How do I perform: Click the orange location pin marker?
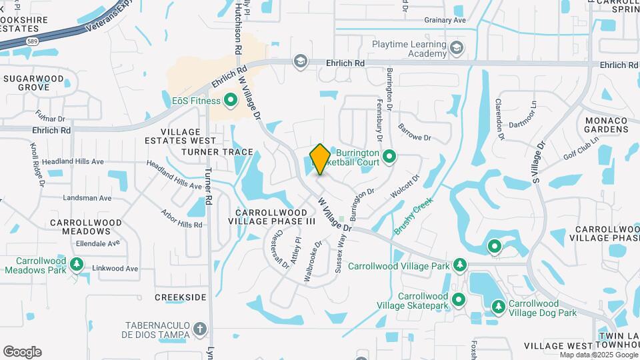(x=320, y=159)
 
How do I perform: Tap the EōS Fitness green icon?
(x=231, y=101)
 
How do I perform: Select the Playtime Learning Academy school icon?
(x=456, y=47)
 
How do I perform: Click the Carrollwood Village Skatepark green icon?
(x=458, y=300)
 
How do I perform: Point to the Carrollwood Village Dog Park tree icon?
(x=497, y=307)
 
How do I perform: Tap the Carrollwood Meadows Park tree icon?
(x=77, y=265)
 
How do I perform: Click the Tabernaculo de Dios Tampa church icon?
(x=201, y=329)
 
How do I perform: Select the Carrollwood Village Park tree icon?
(x=459, y=265)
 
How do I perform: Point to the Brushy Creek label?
(x=414, y=215)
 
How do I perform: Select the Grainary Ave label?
(x=445, y=20)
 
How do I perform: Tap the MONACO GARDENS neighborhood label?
(x=606, y=125)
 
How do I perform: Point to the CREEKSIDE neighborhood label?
(x=181, y=297)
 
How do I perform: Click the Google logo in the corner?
(x=22, y=352)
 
